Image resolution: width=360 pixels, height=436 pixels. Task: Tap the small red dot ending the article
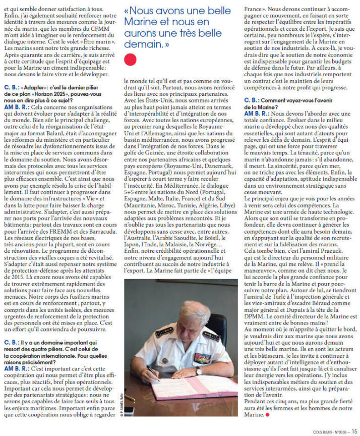tap(267, 415)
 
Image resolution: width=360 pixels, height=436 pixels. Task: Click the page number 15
tap(355, 430)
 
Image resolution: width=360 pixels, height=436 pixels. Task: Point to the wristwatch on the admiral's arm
tap(199, 371)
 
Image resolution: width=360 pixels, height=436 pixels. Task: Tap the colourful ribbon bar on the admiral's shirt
tap(203, 358)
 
